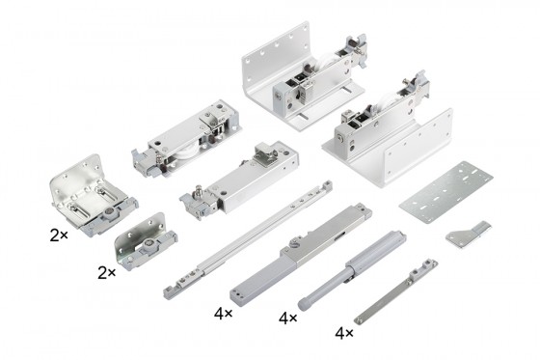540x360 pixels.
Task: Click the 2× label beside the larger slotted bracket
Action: pos(59,235)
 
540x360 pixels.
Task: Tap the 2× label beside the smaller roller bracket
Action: pos(106,273)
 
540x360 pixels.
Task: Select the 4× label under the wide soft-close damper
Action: pos(223,314)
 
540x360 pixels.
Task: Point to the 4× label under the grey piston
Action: pos(288,318)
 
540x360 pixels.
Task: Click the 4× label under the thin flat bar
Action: pos(344,333)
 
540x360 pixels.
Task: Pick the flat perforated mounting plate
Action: pos(446,192)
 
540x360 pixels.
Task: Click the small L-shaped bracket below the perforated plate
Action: pos(469,235)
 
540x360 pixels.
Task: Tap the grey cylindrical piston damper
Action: pos(352,269)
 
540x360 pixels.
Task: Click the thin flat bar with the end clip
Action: pos(396,292)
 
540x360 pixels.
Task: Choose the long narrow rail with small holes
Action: pos(248,238)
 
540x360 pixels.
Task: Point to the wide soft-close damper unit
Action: pos(301,255)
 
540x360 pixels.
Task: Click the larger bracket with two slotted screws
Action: pos(93,195)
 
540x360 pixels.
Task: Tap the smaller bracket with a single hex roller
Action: pos(145,242)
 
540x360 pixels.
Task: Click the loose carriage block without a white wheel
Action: pos(239,180)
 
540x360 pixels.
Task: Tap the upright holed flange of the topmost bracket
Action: pos(276,52)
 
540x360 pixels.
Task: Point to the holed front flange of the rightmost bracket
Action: pos(418,149)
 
